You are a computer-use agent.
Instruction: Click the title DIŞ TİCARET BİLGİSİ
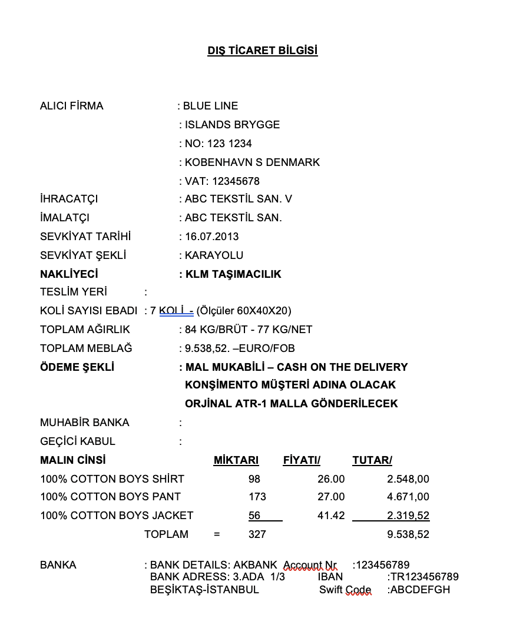pyautogui.click(x=262, y=51)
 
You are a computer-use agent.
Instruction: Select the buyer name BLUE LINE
pyautogui.click(x=210, y=106)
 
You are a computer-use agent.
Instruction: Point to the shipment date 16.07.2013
pyautogui.click(x=211, y=237)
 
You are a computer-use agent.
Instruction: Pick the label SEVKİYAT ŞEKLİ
pyautogui.click(x=83, y=255)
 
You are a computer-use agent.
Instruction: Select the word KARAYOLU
pyautogui.click(x=214, y=255)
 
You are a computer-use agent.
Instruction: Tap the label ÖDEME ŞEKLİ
pyautogui.click(x=77, y=367)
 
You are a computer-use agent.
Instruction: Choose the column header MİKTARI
pyautogui.click(x=236, y=460)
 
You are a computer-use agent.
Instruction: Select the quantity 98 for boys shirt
pyautogui.click(x=254, y=479)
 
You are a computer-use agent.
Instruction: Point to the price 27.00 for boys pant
pyautogui.click(x=331, y=497)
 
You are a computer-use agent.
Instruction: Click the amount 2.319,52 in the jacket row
pyautogui.click(x=408, y=516)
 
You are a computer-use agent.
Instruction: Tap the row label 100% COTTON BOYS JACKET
pyautogui.click(x=117, y=516)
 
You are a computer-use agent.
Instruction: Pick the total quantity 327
pyautogui.click(x=257, y=534)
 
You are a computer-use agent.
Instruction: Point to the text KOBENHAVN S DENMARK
pyautogui.click(x=252, y=162)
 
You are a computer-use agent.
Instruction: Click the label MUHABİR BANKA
pyautogui.click(x=85, y=423)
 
